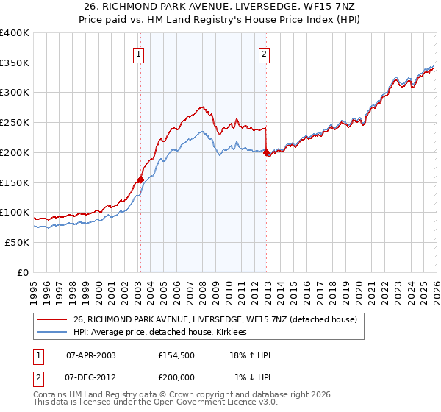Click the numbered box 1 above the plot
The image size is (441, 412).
(139, 52)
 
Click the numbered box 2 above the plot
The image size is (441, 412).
(264, 52)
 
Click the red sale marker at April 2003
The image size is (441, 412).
(140, 179)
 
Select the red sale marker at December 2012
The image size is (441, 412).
(266, 152)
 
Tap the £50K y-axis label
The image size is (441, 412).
(18, 242)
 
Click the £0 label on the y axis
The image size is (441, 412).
(23, 272)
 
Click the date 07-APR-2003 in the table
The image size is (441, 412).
(91, 355)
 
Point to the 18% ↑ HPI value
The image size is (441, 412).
(249, 355)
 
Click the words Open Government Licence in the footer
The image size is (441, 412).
(207, 403)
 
